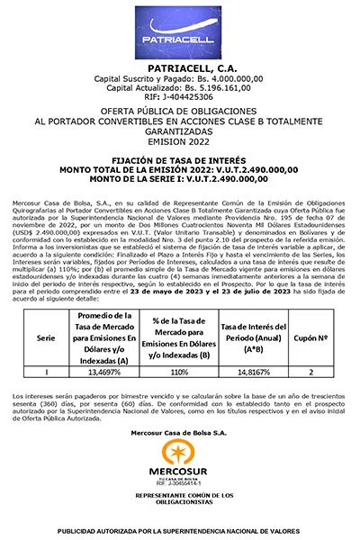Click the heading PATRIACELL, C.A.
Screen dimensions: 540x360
coord(179,67)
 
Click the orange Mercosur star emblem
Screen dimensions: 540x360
coord(179,454)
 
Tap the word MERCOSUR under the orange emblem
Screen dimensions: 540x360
coord(179,472)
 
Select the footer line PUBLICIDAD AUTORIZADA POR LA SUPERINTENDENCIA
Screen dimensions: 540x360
coord(180,531)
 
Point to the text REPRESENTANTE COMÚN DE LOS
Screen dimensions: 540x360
coord(179,496)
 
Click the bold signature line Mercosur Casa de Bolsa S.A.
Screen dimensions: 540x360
coord(179,433)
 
